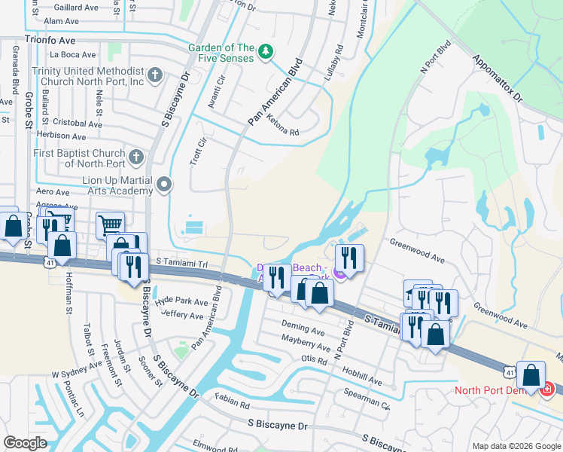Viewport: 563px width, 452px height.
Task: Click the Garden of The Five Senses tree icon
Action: pos(265,52)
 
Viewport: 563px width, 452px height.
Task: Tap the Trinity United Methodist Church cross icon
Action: pos(155,75)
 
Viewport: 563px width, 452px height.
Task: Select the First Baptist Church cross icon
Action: pos(135,157)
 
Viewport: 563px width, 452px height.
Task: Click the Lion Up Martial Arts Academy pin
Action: pos(165,184)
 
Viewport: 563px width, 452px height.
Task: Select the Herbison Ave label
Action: pos(62,136)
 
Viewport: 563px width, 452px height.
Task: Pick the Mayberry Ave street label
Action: pos(306,347)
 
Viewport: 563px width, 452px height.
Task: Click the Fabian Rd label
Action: pos(231,404)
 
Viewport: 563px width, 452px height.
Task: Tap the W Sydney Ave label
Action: pos(76,368)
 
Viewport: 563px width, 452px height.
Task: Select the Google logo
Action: pos(26,442)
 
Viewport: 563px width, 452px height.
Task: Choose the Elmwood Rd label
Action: pos(210,443)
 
